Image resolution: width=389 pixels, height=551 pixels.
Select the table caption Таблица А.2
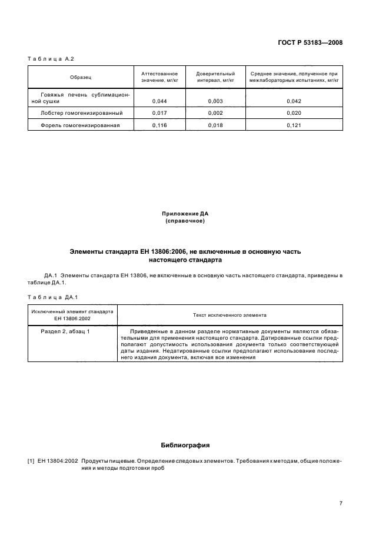pos(51,59)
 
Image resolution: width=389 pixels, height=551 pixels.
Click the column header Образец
pos(81,77)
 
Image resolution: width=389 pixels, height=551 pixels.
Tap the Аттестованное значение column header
pos(159,77)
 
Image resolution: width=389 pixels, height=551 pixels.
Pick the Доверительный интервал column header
pos(215,77)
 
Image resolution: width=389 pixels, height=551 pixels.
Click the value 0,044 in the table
pos(159,101)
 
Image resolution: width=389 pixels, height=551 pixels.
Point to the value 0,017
pos(159,113)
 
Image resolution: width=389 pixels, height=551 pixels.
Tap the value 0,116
pos(159,125)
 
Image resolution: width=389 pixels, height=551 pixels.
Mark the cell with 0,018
pos(215,125)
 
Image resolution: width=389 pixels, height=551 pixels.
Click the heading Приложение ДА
pos(185,213)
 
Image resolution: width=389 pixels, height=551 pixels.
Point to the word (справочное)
pos(185,221)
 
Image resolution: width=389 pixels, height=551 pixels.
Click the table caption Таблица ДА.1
pos(53,297)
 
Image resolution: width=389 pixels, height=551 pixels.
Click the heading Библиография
pos(185,445)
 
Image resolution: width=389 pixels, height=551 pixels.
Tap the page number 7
pos(341,503)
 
